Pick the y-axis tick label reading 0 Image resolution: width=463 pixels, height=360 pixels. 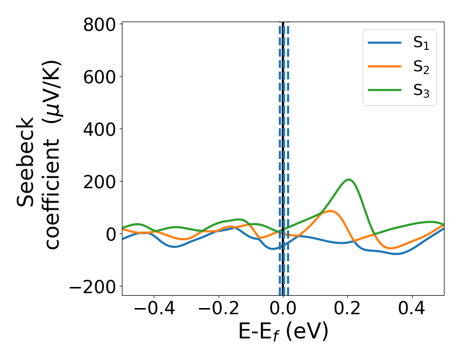[111, 234]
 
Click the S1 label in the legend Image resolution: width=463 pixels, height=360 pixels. [421, 44]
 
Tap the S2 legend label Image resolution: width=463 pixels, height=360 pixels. [421, 67]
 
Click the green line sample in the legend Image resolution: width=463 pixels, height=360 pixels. [384, 90]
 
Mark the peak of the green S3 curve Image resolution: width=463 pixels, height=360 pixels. [349, 179]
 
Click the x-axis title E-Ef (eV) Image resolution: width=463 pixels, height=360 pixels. [283, 332]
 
